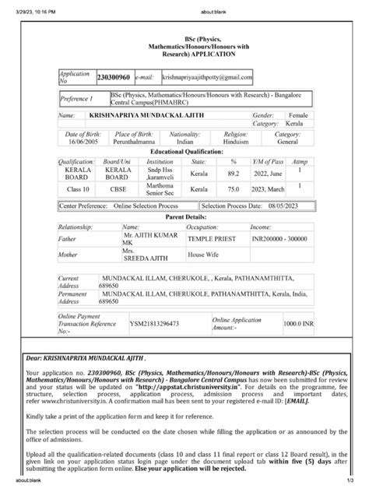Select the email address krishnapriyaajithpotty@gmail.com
coord(207,78)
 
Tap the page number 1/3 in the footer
coord(358,488)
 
